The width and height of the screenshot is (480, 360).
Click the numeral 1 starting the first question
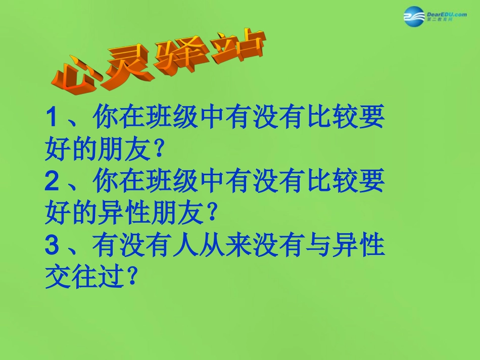point(52,119)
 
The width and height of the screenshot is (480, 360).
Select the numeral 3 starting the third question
point(52,247)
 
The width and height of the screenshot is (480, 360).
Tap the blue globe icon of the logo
point(414,18)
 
